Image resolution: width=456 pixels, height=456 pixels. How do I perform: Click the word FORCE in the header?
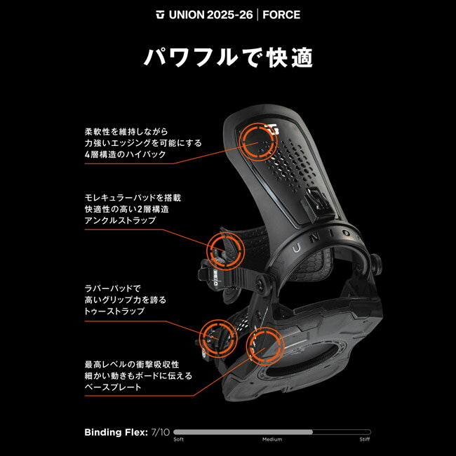pyautogui.click(x=281, y=14)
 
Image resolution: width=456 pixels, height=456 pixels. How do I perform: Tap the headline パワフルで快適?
pyautogui.click(x=227, y=57)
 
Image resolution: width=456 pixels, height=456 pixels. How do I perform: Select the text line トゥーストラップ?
pyautogui.click(x=114, y=310)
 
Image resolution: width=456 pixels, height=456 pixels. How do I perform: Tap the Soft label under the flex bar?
pyautogui.click(x=179, y=441)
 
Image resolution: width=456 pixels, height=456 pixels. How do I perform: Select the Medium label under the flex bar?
pyautogui.click(x=272, y=441)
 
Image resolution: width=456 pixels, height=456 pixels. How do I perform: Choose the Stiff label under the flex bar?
pyautogui.click(x=365, y=441)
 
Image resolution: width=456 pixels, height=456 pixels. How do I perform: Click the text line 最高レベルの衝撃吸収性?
pyautogui.click(x=132, y=364)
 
